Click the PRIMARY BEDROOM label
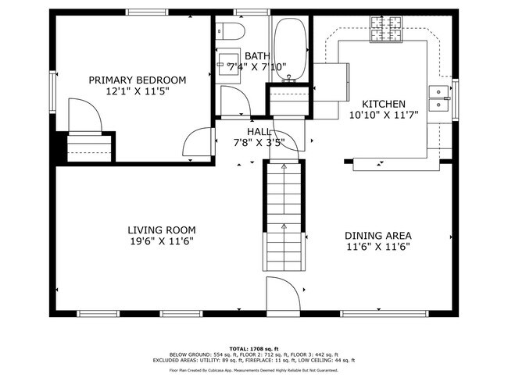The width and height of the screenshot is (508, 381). pyautogui.click(x=137, y=80)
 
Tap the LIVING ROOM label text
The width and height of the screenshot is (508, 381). pyautogui.click(x=161, y=230)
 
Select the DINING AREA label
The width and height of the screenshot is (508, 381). pyautogui.click(x=378, y=235)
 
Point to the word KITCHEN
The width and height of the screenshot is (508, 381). pyautogui.click(x=383, y=104)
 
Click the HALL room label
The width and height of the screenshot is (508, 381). pyautogui.click(x=259, y=131)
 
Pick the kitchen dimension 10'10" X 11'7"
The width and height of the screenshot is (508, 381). pyautogui.click(x=384, y=115)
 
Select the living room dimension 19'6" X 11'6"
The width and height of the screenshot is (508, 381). pyautogui.click(x=161, y=241)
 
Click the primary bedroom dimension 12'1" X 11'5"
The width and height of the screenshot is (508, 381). pyautogui.click(x=137, y=91)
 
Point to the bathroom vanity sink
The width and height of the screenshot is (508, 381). pyautogui.click(x=232, y=66)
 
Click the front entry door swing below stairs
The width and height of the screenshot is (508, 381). pyautogui.click(x=283, y=296)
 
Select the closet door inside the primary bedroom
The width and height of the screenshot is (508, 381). pyautogui.click(x=84, y=116)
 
